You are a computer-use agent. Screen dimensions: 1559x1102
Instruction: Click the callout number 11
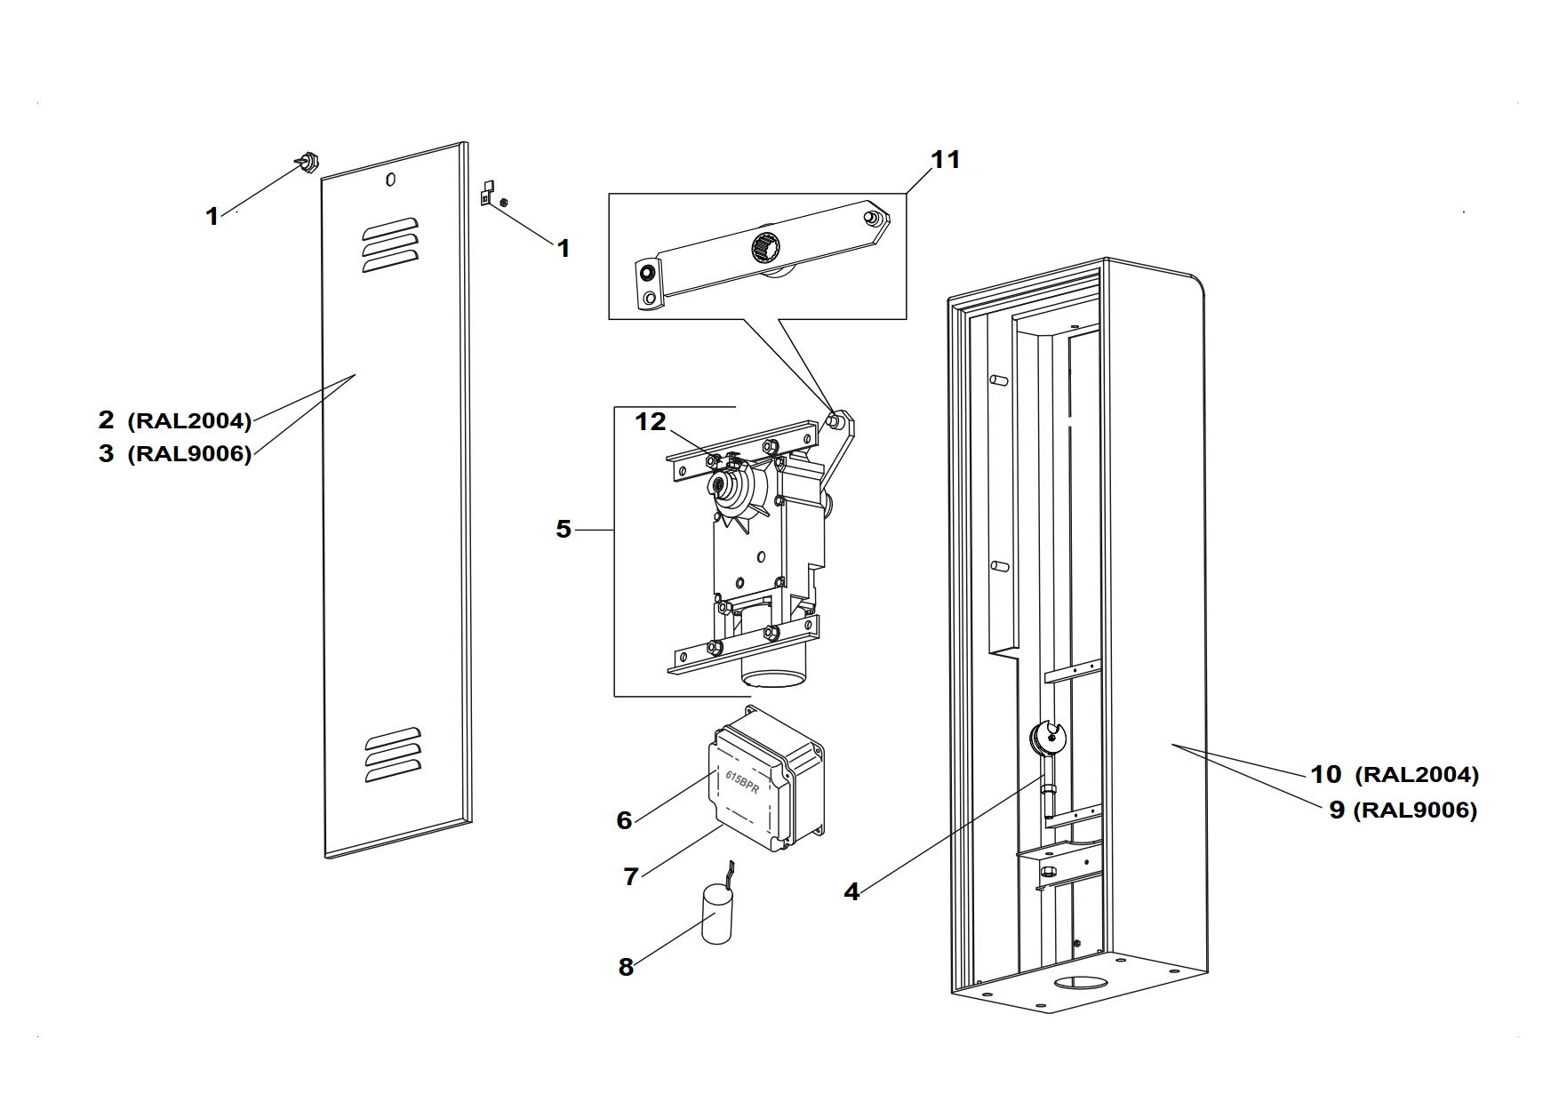point(946,160)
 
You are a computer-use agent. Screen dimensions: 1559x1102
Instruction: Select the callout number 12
point(651,422)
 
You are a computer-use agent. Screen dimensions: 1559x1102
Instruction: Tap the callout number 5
point(564,530)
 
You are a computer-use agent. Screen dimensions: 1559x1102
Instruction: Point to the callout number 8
point(626,967)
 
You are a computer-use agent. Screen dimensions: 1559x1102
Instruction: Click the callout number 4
point(851,891)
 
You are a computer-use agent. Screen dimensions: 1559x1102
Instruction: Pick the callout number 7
point(631,877)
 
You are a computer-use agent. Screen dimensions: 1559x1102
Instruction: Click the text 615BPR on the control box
point(742,783)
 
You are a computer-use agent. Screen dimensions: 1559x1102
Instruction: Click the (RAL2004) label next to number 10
point(1417,775)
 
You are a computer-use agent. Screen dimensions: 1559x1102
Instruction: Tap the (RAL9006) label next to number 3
point(190,454)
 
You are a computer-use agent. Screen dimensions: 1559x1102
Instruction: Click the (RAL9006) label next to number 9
point(1415,811)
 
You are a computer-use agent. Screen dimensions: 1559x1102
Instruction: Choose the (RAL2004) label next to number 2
point(190,420)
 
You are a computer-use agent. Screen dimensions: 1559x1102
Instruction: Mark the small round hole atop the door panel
point(391,180)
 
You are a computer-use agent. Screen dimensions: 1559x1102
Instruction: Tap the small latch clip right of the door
point(486,192)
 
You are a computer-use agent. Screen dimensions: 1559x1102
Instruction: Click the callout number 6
point(625,820)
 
